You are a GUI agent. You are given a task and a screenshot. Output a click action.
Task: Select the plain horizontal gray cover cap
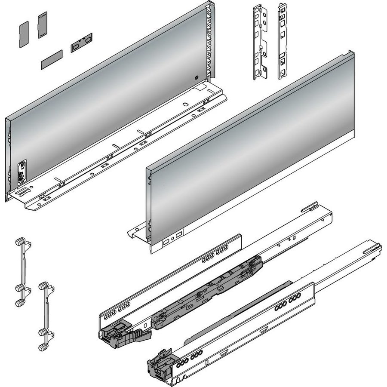(x=52, y=58)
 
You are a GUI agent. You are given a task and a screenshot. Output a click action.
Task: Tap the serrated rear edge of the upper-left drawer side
(x=210, y=43)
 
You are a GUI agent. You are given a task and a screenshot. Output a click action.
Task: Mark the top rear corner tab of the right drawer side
(x=350, y=54)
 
